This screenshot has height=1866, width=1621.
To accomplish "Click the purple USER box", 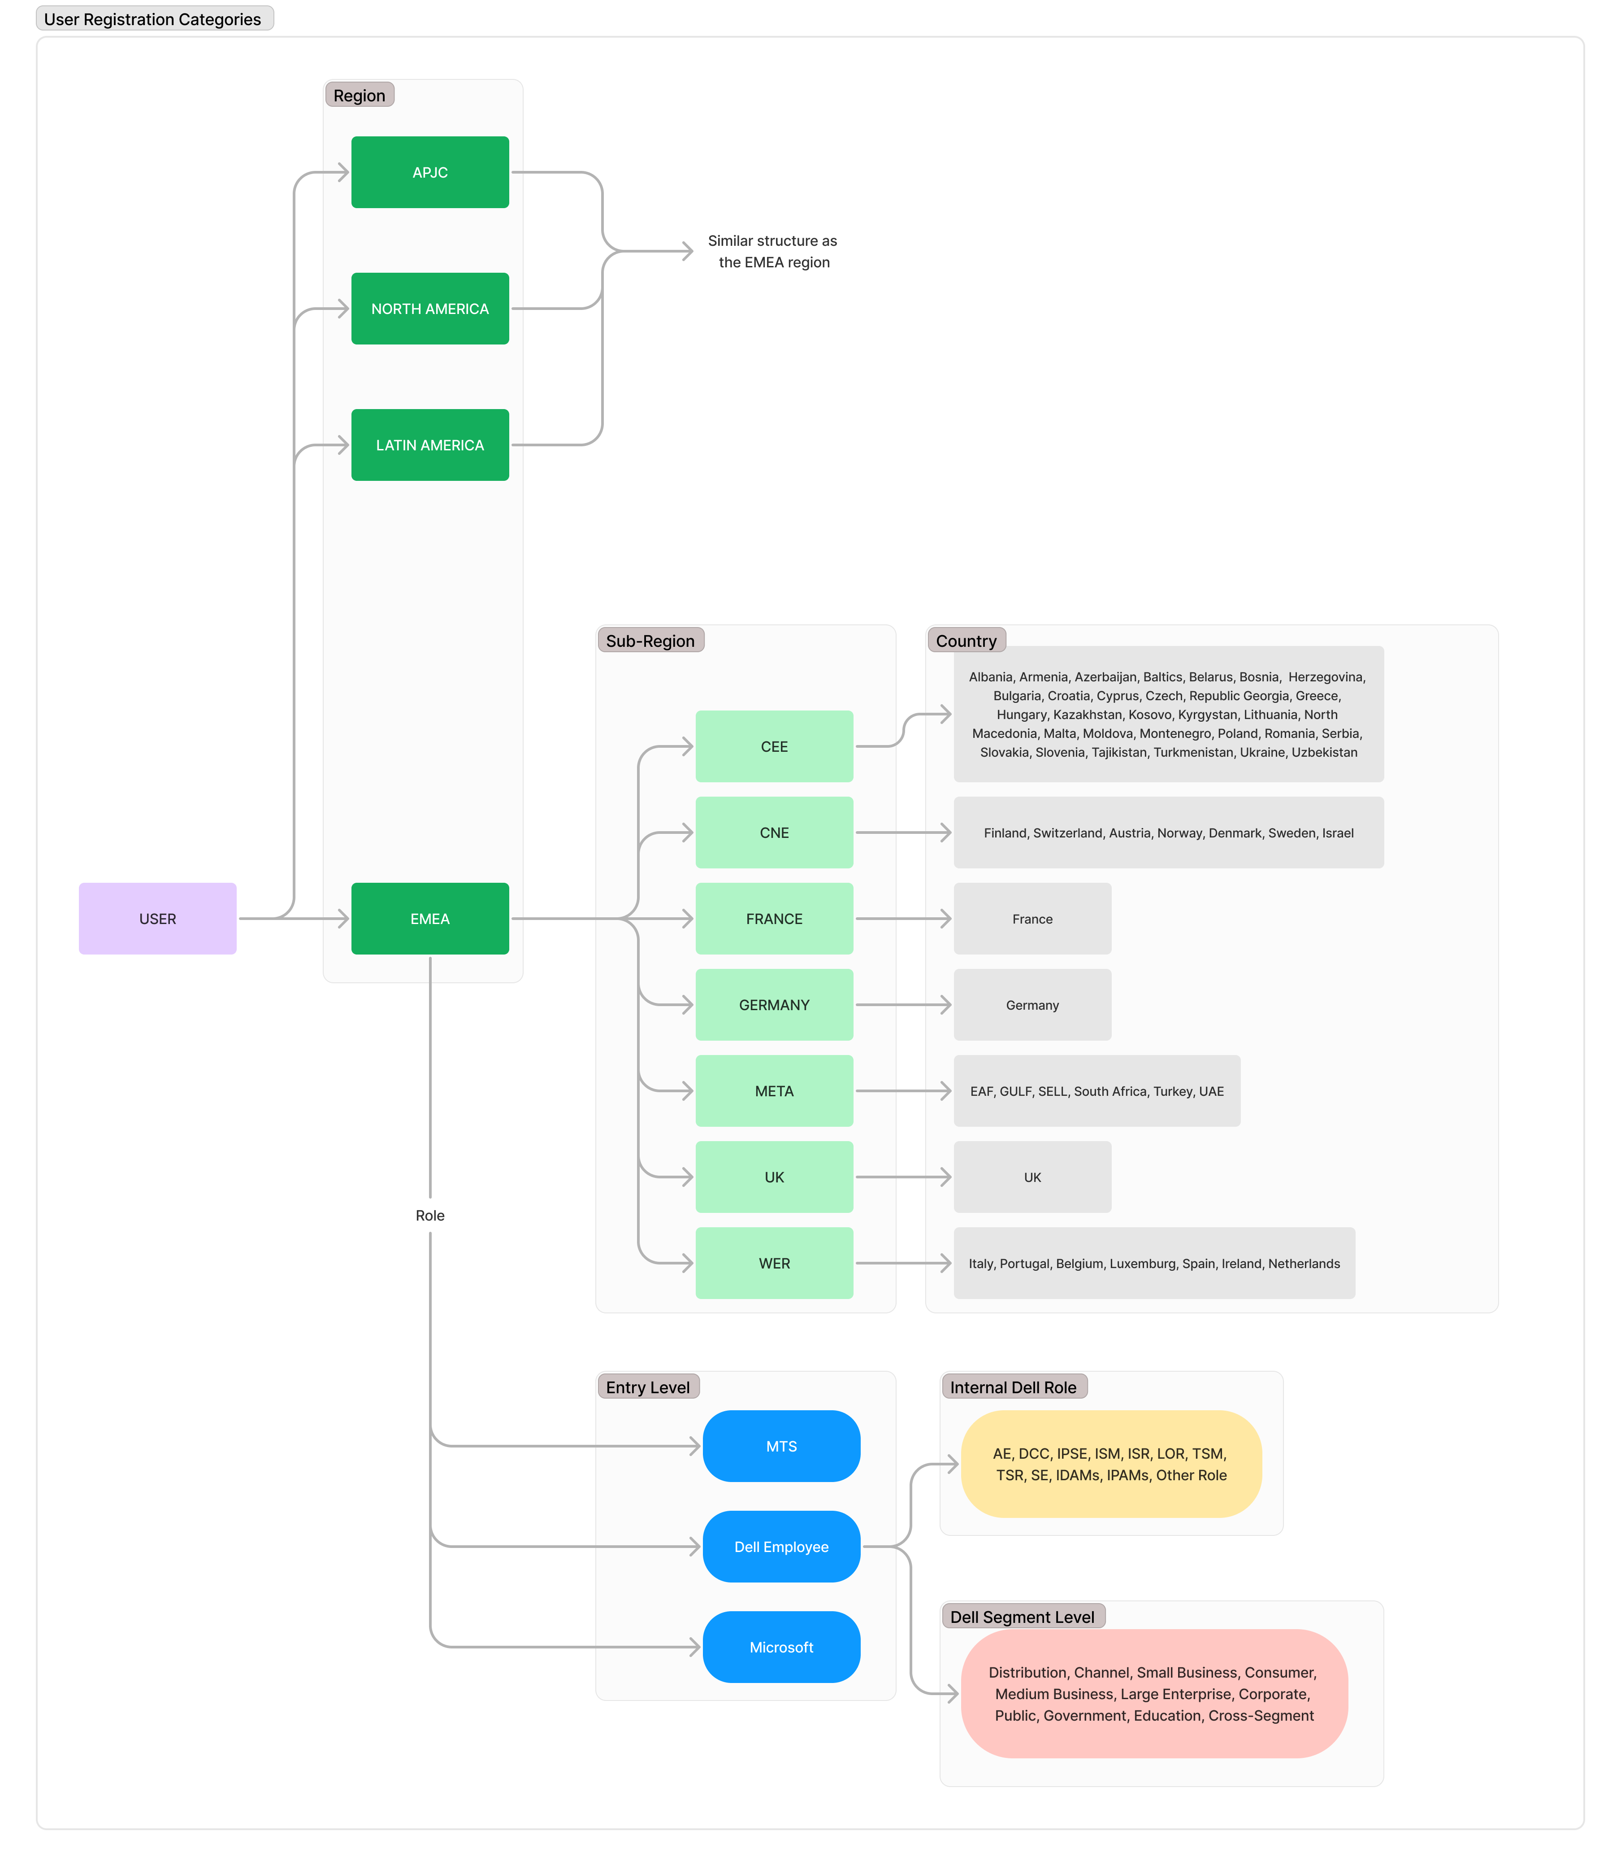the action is point(157,919).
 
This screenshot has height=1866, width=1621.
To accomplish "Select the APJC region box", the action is point(429,172).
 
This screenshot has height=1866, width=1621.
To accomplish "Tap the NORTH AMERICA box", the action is point(429,309).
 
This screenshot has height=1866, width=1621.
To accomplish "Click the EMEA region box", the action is point(429,919).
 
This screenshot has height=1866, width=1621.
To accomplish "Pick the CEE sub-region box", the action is point(774,746).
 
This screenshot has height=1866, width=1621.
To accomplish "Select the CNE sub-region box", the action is point(774,833).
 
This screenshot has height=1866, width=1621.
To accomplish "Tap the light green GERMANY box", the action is point(774,1004).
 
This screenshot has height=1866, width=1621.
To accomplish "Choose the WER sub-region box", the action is point(774,1263).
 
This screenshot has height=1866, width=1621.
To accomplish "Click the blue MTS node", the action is point(781,1446).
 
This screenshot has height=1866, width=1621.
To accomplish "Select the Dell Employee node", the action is point(781,1547).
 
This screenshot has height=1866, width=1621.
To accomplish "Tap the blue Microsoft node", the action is point(781,1647).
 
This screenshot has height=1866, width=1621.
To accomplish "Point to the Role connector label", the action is point(429,1215).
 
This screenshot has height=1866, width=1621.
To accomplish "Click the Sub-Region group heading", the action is point(650,641).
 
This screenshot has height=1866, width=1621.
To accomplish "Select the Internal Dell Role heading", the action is point(1013,1387).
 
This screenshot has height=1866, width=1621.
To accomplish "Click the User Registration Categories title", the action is point(153,19).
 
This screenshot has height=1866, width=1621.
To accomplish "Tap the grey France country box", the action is point(1032,919).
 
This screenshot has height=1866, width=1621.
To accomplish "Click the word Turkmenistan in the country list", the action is point(1189,752).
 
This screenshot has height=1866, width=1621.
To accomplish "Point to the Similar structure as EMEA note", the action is point(773,252).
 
